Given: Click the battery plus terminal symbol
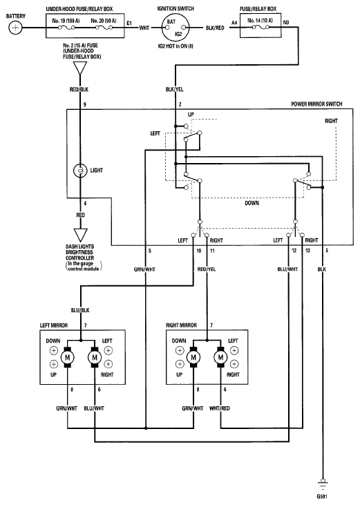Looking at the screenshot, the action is [x=15, y=28].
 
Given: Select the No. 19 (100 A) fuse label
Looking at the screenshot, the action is [x=66, y=21].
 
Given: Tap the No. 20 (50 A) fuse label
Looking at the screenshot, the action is [x=104, y=21].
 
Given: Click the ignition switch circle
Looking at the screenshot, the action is [x=176, y=28].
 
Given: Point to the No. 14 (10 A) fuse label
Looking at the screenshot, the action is [x=260, y=21].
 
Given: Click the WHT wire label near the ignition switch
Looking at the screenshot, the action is [x=144, y=28].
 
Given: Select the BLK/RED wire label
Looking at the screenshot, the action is [x=215, y=28].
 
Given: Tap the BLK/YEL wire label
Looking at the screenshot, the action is [x=174, y=89].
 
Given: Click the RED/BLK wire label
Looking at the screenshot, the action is [x=79, y=89].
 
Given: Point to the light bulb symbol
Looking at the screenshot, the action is [x=80, y=171].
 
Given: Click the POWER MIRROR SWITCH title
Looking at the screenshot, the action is [x=316, y=104].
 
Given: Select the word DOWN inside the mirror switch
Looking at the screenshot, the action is [x=252, y=203].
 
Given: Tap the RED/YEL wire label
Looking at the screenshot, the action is [x=207, y=269].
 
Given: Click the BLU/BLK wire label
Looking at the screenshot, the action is [x=80, y=310].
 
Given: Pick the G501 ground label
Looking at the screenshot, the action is [x=322, y=496].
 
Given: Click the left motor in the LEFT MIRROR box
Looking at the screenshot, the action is [x=67, y=357].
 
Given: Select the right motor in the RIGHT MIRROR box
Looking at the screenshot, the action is [x=220, y=357].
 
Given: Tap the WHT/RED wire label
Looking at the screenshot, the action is [x=219, y=408].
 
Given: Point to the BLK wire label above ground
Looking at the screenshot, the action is [x=322, y=269].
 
